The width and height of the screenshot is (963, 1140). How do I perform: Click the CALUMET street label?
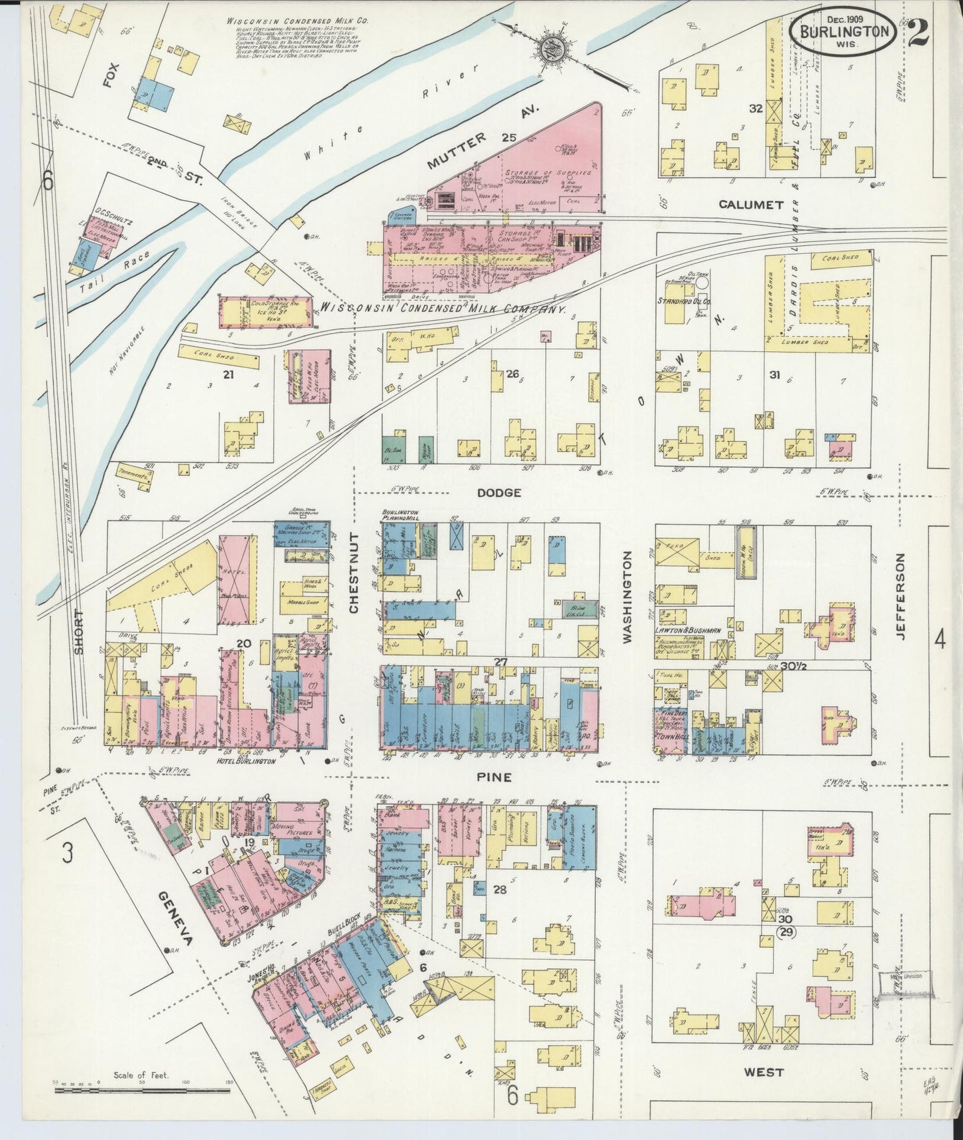pyautogui.click(x=752, y=205)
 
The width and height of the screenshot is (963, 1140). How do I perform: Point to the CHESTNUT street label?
pyautogui.click(x=354, y=573)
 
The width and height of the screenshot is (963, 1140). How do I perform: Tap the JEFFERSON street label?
pyautogui.click(x=900, y=597)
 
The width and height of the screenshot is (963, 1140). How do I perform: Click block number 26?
pyautogui.click(x=512, y=374)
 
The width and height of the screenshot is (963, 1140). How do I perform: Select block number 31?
pyautogui.click(x=774, y=375)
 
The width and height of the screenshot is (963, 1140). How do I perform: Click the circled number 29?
pyautogui.click(x=786, y=932)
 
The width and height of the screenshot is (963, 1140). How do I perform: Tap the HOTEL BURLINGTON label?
pyautogui.click(x=246, y=761)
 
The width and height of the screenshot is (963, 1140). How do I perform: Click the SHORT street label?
pyautogui.click(x=79, y=631)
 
